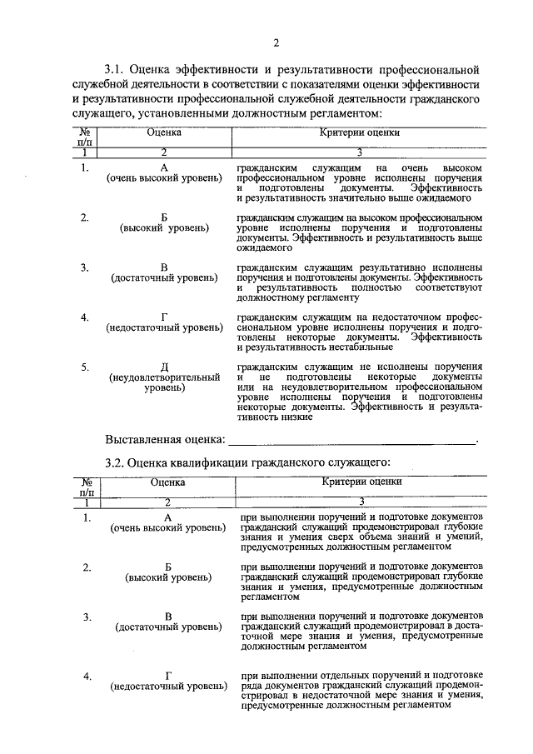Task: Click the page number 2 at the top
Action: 276,43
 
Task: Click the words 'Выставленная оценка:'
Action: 166,439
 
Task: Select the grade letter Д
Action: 165,367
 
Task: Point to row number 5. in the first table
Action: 85,367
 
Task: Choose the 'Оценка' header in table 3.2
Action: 167,482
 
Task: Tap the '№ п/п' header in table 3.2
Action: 85,487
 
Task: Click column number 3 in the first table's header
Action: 360,152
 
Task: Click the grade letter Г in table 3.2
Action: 168,676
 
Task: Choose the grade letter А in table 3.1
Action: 165,168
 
